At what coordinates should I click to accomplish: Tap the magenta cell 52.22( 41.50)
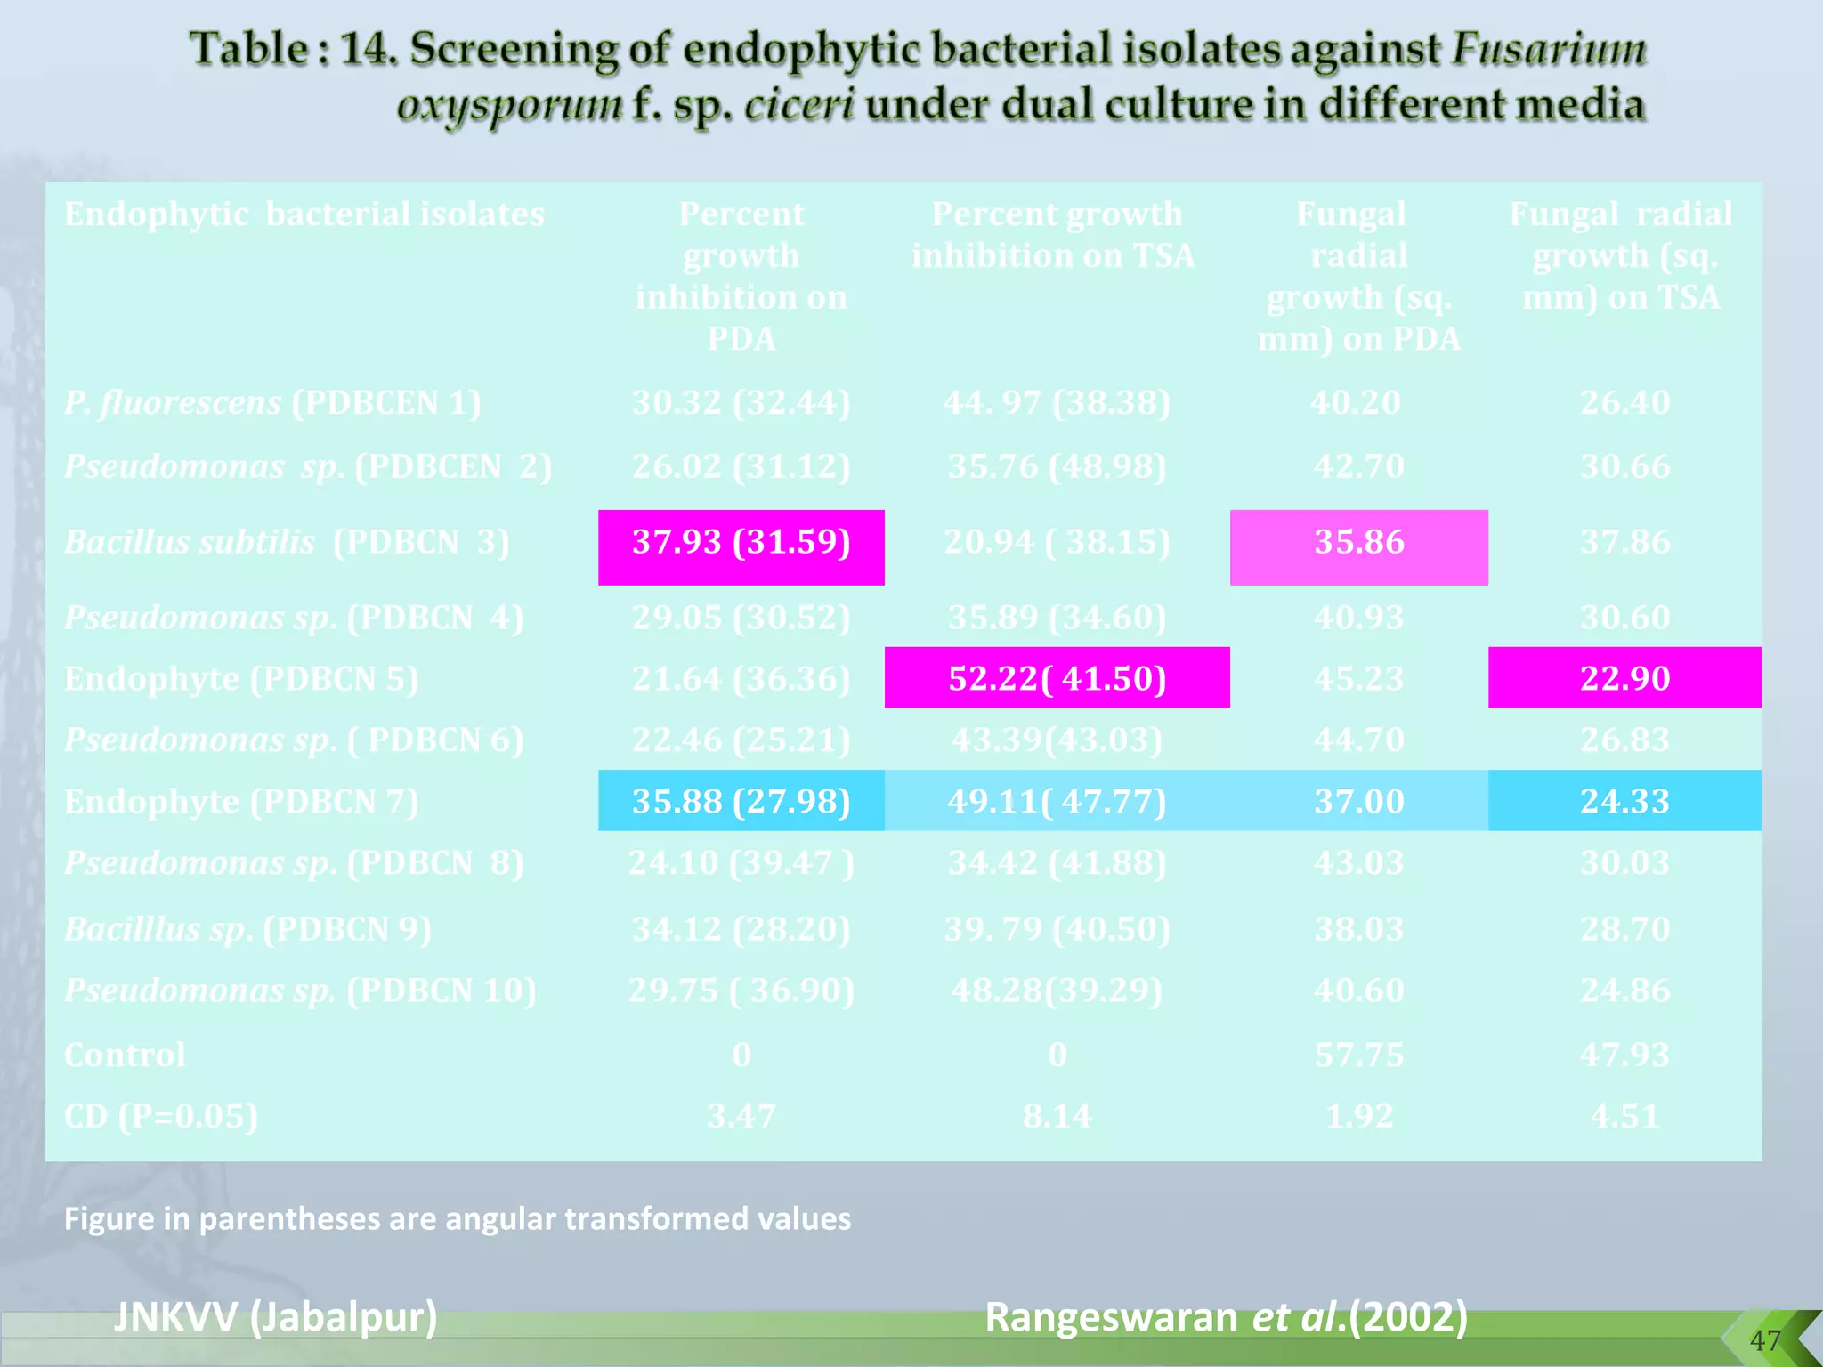(1057, 678)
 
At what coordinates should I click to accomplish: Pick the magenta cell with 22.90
(1624, 678)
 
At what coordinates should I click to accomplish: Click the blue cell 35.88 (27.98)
(741, 801)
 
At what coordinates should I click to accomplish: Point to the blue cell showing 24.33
(1624, 801)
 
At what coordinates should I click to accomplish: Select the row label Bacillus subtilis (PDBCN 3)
(287, 542)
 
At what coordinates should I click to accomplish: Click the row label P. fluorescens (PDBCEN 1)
(272, 403)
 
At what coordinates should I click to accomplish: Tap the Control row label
(125, 1055)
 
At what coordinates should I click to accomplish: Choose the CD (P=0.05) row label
(161, 1116)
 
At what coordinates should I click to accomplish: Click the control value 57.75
(1358, 1055)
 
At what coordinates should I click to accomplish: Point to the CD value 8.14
(1057, 1116)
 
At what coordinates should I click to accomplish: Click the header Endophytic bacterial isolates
(304, 214)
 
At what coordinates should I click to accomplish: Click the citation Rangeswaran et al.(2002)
(1226, 1316)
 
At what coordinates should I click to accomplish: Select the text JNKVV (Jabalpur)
(276, 1316)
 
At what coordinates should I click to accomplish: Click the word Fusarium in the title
(1549, 49)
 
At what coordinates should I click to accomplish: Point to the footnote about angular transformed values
(458, 1218)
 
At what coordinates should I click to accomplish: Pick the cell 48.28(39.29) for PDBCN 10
(1057, 991)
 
